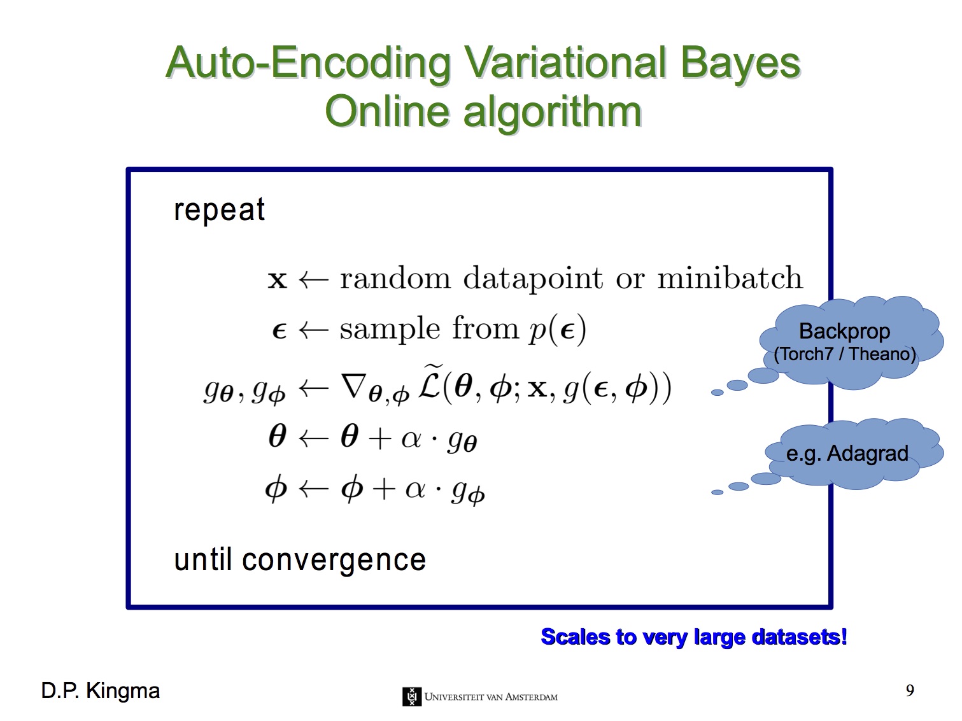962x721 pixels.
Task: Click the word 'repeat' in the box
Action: (219, 210)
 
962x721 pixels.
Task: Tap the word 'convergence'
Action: (334, 561)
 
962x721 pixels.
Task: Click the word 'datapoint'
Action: (533, 279)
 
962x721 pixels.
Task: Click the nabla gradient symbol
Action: (353, 386)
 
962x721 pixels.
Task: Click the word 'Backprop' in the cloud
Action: (844, 332)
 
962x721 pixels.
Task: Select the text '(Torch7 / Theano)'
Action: (845, 354)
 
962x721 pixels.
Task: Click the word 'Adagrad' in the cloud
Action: (867, 454)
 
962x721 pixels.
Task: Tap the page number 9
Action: (910, 691)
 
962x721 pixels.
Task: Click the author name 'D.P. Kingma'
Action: (101, 691)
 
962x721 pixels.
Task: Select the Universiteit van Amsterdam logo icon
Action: (411, 696)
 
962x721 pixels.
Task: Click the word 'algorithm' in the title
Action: (552, 112)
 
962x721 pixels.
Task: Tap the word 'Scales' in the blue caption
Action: (575, 636)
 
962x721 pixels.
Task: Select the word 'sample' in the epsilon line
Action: (390, 330)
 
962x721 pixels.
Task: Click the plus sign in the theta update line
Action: (379, 438)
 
